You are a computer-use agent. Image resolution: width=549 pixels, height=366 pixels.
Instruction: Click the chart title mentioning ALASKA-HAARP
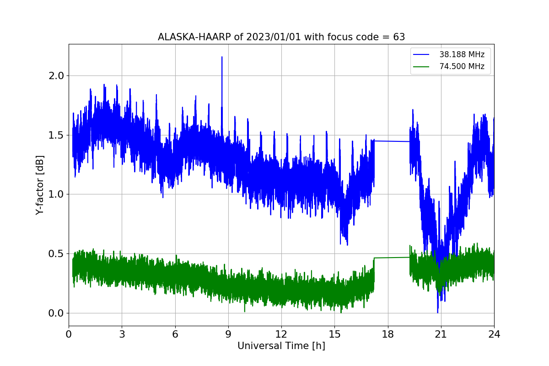281,37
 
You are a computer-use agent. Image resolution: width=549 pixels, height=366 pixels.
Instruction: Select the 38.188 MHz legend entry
448,54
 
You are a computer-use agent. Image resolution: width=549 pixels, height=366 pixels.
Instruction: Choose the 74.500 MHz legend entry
448,66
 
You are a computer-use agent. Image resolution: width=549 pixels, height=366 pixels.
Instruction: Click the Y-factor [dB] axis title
40,185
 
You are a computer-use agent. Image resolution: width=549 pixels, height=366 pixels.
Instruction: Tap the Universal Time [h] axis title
281,346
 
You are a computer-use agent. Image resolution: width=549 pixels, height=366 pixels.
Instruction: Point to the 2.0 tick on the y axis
56,76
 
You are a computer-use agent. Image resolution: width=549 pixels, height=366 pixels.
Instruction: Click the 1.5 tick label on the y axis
56,135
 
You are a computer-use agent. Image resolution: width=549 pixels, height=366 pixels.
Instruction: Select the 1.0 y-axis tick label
56,194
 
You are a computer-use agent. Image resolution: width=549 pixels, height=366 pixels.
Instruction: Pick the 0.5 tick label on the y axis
56,254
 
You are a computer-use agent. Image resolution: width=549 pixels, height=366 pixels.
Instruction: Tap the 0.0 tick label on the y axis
56,313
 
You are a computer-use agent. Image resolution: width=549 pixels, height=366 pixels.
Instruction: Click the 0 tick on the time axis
69,334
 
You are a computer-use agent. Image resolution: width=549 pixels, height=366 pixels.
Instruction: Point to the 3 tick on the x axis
122,334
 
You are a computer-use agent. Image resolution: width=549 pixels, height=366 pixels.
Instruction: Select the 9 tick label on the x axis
228,334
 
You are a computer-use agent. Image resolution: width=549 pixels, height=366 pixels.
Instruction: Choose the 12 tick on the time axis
281,334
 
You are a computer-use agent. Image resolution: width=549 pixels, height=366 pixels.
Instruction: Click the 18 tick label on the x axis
388,334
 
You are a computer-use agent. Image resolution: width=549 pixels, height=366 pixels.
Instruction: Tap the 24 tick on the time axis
494,334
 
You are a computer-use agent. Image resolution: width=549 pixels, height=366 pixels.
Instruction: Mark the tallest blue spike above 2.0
222,57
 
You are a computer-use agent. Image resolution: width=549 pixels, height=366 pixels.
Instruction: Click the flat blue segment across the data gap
392,141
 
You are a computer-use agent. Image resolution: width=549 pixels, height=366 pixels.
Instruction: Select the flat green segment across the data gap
392,258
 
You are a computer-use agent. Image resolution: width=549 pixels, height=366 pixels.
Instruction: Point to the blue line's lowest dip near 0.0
438,312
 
